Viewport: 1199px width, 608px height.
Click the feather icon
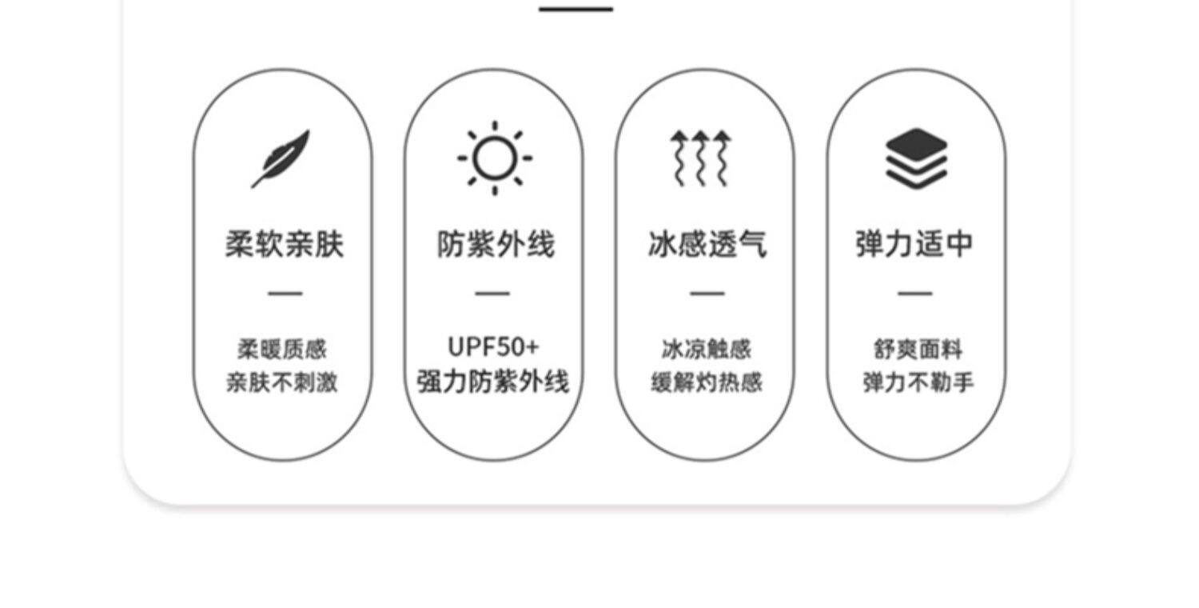[x=281, y=158]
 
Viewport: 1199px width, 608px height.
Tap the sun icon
[x=495, y=158]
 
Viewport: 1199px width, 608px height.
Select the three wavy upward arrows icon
[x=700, y=158]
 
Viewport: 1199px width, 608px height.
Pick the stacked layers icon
[x=916, y=158]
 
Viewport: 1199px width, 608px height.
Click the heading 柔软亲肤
[x=284, y=244]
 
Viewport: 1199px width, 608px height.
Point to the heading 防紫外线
[x=496, y=244]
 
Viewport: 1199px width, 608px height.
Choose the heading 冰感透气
[x=707, y=244]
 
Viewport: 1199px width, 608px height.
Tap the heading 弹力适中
[x=914, y=244]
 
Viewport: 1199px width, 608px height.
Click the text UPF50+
[x=493, y=347]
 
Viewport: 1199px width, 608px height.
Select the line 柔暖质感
[x=282, y=350]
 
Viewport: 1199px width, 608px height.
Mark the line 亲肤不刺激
[x=282, y=383]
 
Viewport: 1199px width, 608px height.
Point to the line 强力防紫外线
[x=493, y=382]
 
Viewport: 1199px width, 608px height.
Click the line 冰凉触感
[x=707, y=350]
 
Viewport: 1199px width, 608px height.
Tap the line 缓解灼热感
[x=707, y=383]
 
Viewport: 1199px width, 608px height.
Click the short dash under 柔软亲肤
[x=285, y=294]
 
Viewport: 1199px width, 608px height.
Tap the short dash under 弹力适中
[x=914, y=294]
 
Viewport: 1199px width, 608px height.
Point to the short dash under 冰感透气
[x=707, y=294]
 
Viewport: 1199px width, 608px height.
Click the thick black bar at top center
[x=576, y=9]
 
